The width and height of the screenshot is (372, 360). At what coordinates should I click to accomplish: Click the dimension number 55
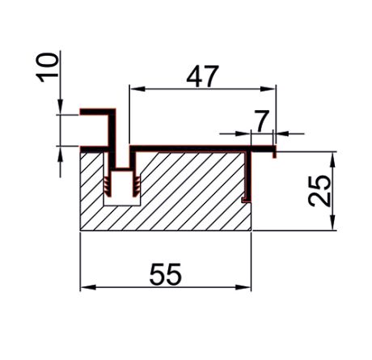(x=166, y=275)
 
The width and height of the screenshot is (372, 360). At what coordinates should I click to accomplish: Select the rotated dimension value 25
(x=320, y=191)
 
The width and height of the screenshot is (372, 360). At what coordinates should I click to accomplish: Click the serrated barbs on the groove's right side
(x=137, y=186)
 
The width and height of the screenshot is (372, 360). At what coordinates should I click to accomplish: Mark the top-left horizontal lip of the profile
(x=93, y=111)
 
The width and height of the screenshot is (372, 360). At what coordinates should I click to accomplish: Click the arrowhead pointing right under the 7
(x=244, y=132)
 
